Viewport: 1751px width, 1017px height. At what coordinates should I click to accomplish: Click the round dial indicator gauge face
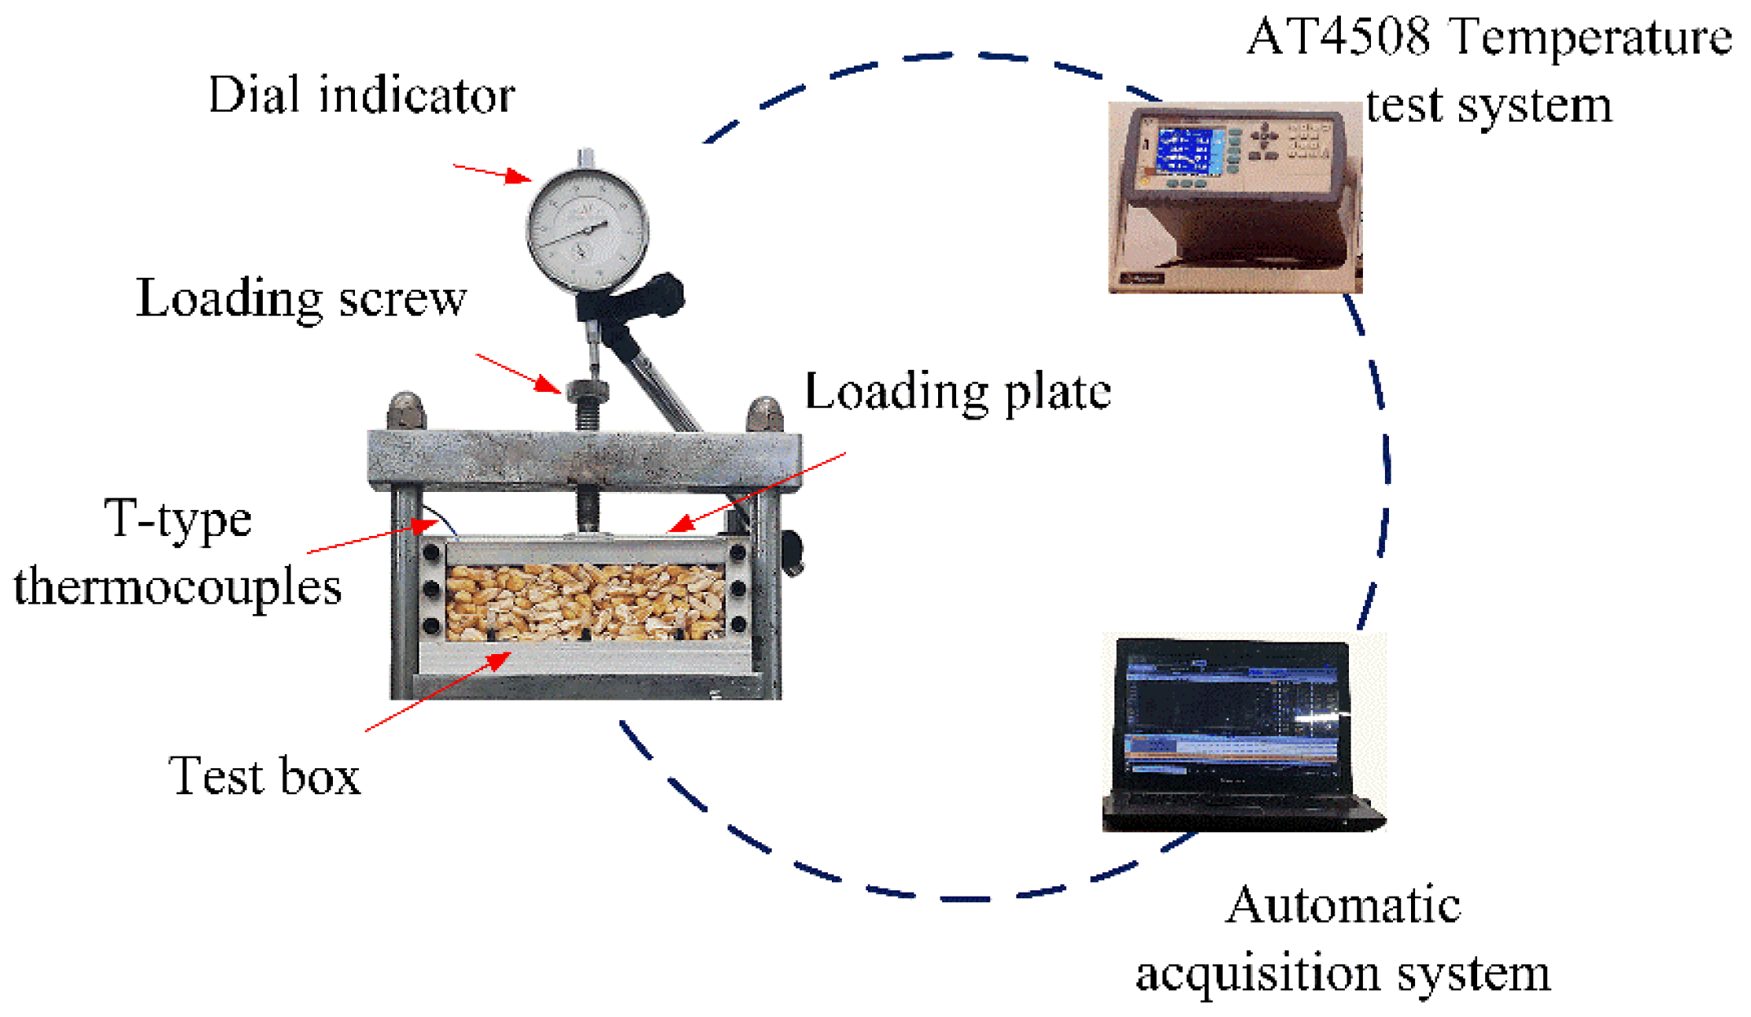tap(587, 228)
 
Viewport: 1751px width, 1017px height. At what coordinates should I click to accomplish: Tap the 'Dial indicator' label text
tap(361, 95)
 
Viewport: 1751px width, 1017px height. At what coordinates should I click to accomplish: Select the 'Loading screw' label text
tap(301, 298)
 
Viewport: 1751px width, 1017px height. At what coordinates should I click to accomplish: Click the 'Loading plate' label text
tap(957, 391)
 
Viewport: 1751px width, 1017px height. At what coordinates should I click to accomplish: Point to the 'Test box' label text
tap(264, 775)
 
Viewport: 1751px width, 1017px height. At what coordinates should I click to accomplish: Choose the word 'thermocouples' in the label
tap(178, 586)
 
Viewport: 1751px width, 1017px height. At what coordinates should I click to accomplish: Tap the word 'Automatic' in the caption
tap(1343, 904)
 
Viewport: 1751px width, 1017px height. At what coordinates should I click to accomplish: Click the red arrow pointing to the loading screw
tap(519, 373)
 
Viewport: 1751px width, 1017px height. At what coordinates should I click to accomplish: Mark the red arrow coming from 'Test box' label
tap(438, 692)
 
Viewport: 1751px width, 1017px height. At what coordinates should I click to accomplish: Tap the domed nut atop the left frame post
tap(406, 411)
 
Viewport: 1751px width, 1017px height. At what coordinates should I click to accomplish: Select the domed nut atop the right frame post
tap(765, 415)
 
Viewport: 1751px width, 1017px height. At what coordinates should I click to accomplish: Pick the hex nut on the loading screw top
tap(587, 390)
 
